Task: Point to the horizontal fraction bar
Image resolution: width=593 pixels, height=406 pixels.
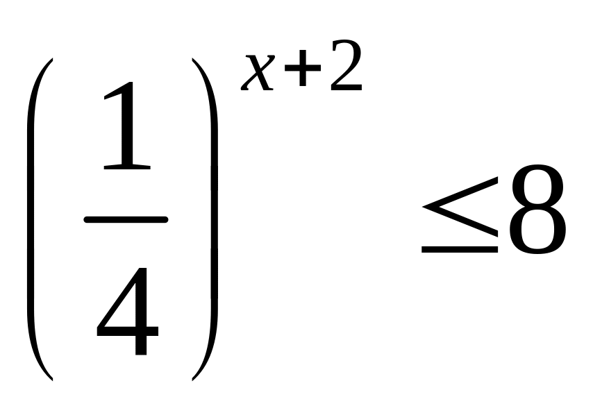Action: point(126,220)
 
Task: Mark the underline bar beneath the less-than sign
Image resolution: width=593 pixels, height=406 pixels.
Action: point(460,248)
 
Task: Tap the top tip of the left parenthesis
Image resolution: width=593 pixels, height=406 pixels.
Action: point(51,61)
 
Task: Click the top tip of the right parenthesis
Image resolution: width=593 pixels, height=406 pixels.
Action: point(193,61)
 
